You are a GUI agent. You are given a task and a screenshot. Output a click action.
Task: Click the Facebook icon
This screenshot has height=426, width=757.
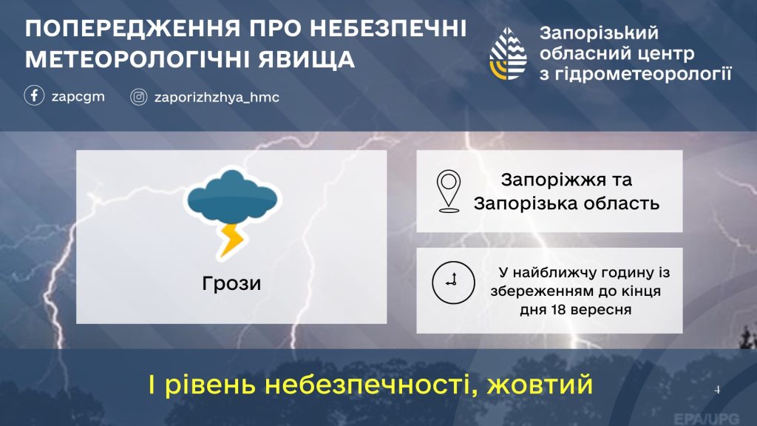[34, 95]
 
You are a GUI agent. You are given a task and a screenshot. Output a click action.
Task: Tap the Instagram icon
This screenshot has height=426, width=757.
[138, 97]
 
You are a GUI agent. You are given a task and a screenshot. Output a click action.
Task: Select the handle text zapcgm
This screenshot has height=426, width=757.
[78, 97]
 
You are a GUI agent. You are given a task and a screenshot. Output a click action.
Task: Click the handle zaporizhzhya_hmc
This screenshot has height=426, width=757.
[217, 97]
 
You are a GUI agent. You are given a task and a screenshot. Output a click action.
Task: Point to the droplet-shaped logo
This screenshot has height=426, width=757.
[508, 53]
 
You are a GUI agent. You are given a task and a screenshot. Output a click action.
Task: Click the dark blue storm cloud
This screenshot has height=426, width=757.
[232, 198]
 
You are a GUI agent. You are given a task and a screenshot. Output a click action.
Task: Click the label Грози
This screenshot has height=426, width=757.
[231, 283]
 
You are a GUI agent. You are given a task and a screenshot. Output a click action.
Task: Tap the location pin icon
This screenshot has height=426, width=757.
[449, 191]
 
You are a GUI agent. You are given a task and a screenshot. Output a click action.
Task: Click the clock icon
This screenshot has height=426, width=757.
[453, 283]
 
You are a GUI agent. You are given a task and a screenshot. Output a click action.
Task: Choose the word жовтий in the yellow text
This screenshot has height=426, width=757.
[539, 385]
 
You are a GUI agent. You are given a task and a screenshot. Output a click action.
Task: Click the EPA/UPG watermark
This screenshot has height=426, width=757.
[706, 419]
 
